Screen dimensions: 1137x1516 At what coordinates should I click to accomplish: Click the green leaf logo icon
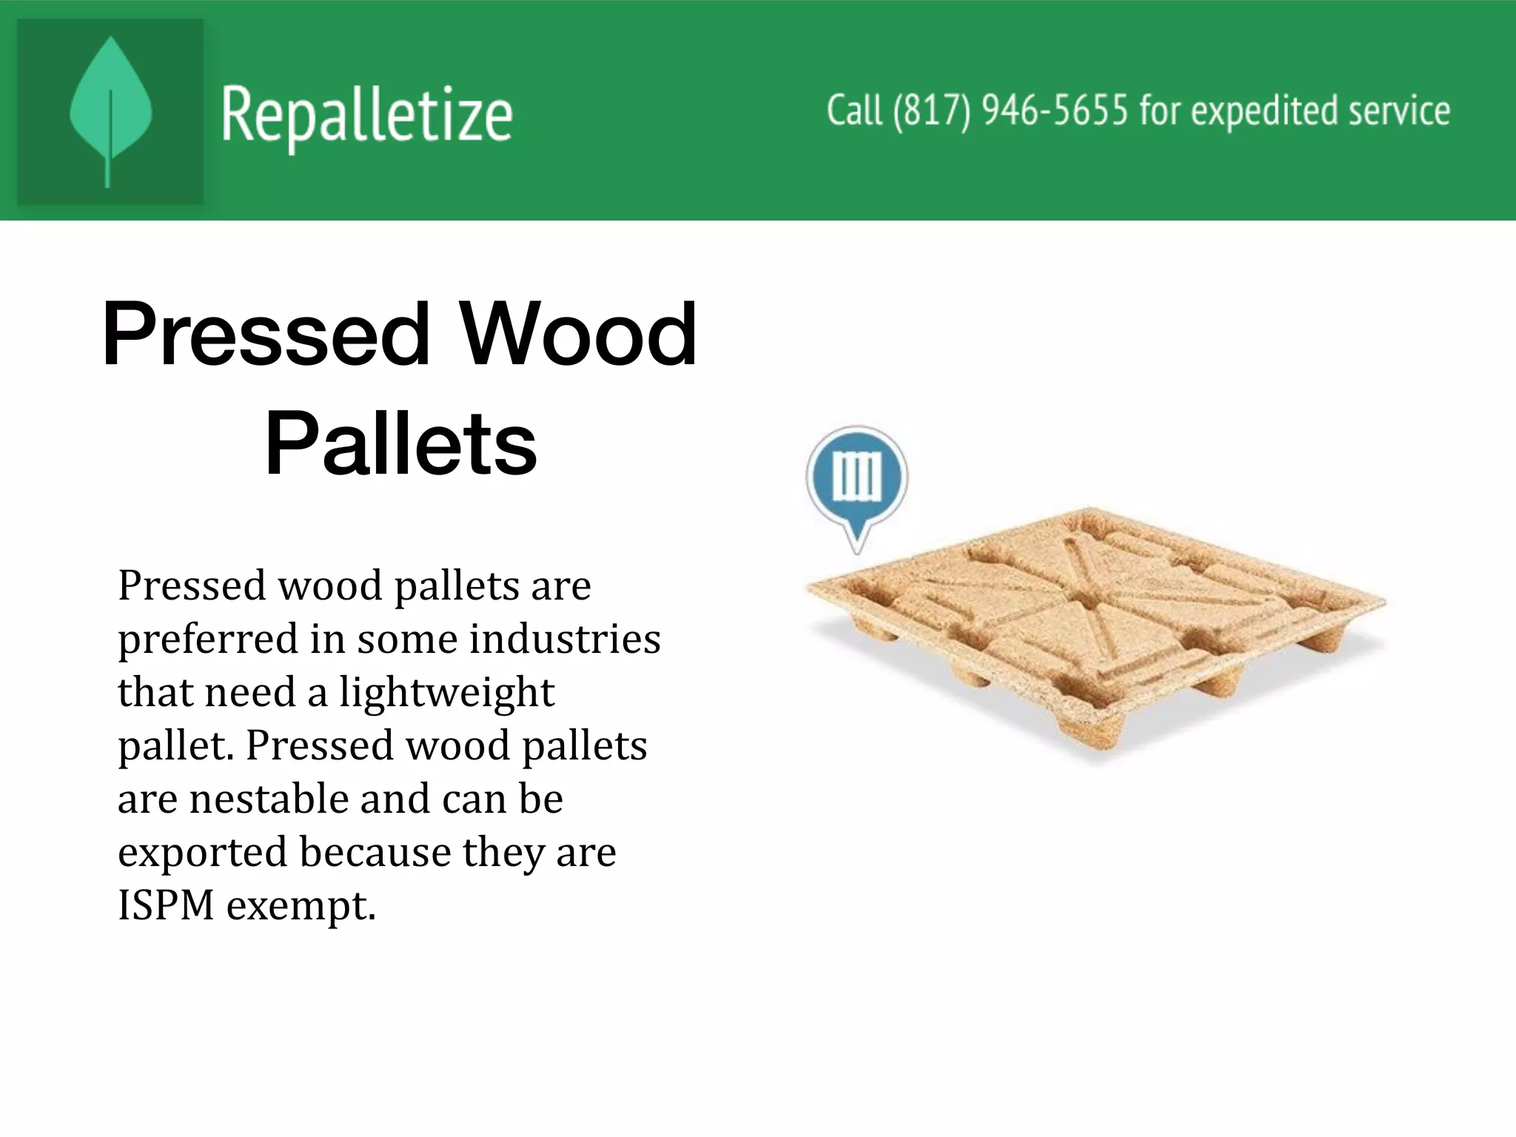tap(110, 111)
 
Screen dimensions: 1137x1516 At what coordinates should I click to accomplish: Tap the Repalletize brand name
tap(366, 115)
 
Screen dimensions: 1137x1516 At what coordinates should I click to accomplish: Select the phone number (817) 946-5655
tap(1010, 111)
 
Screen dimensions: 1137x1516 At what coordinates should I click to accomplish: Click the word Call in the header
tap(854, 111)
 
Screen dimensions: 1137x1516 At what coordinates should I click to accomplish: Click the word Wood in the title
tap(578, 335)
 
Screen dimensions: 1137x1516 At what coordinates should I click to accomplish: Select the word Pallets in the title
tap(400, 444)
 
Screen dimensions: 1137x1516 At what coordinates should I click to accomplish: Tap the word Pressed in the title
tap(266, 335)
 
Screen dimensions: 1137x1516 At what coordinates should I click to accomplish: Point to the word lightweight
tap(447, 693)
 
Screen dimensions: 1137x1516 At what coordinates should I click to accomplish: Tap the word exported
tap(202, 853)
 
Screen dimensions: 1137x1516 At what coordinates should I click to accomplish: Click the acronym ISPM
tap(166, 905)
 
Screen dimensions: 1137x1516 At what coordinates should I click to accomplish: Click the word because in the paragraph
tap(375, 853)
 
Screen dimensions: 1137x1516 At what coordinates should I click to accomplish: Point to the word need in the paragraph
tap(248, 693)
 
